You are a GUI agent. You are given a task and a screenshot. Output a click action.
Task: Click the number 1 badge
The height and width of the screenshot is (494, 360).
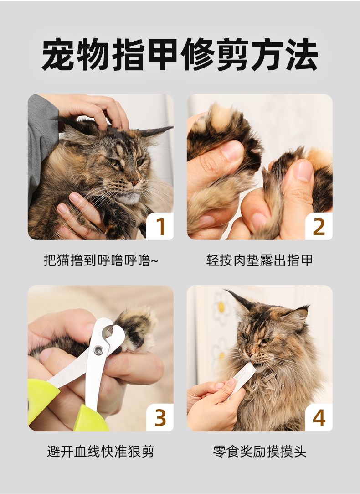click(x=160, y=226)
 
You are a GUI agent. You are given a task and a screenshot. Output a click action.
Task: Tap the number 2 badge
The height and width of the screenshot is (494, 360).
click(x=319, y=226)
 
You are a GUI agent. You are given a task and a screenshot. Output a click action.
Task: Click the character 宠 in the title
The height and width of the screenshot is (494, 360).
click(x=59, y=54)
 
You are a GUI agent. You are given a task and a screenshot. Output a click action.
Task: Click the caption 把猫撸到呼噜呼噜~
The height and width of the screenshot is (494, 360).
click(x=101, y=260)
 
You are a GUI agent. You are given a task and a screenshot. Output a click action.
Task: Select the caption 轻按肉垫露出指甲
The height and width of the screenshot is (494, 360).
click(x=260, y=260)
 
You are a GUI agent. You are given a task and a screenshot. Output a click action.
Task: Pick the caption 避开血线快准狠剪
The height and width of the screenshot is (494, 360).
click(x=101, y=451)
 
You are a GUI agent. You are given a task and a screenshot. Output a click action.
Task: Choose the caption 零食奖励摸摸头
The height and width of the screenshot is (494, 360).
click(x=260, y=451)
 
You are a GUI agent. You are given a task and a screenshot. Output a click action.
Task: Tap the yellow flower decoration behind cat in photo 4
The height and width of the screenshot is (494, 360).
click(x=221, y=307)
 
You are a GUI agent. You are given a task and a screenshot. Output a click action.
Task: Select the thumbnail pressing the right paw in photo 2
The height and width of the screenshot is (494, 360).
click(x=303, y=170)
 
